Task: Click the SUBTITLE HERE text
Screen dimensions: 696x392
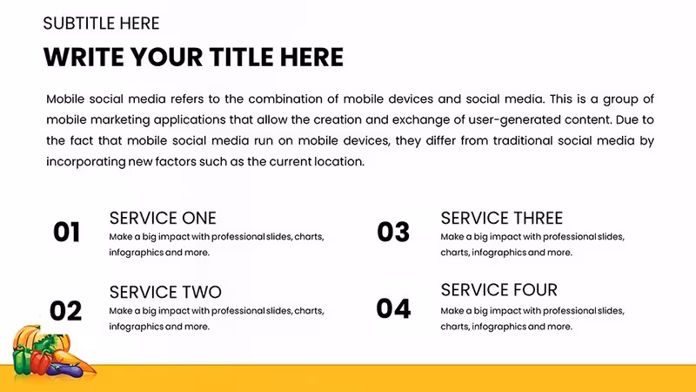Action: pos(101,24)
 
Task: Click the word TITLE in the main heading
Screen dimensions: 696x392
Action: pos(241,57)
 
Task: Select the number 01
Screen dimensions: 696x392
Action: pos(67,232)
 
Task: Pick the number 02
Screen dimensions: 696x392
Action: pos(66,311)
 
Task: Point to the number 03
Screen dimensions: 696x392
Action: pos(393,232)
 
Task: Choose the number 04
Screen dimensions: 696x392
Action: pos(393,309)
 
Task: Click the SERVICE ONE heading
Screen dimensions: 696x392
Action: pos(163,219)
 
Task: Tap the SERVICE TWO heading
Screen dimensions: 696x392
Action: pos(165,292)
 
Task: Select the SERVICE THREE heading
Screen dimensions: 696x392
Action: pos(502,219)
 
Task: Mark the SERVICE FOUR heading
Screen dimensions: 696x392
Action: pos(499,290)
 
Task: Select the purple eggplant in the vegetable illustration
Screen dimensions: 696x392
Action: pos(65,369)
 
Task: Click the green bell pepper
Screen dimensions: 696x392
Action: pos(21,360)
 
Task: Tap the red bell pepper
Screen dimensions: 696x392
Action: pos(40,362)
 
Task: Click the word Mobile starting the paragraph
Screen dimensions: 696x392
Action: pos(65,99)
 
